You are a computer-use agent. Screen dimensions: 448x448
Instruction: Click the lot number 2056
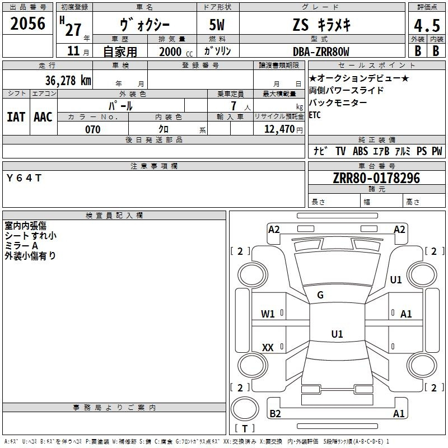pos(27,24)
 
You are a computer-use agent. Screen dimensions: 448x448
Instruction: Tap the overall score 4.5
pos(427,25)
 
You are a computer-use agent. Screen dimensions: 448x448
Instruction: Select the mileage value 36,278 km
pos(68,80)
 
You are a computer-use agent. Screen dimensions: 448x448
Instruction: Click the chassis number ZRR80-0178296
pos(376,178)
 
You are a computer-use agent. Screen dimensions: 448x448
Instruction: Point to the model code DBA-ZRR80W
pos(321,52)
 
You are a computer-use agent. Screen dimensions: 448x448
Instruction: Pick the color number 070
pos(93,129)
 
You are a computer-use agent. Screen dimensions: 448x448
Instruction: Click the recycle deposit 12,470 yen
pos(283,129)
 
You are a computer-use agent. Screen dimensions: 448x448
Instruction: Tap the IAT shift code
pos(16,117)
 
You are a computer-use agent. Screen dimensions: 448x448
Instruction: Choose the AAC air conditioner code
pos(43,117)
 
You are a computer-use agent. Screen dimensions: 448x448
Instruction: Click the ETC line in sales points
pos(315,115)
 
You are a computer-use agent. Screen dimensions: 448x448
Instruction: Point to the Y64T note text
pos(24,178)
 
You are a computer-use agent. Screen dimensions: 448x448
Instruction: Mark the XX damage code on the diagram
pos(268,347)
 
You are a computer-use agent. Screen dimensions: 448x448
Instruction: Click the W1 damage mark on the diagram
pos(268,314)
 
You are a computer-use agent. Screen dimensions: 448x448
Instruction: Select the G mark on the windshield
pos(320,295)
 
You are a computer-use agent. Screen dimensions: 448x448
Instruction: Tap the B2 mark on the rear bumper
pos(275,413)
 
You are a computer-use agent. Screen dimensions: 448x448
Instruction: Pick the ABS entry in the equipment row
pos(360,151)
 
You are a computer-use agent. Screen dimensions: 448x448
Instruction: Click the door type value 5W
pos(217,25)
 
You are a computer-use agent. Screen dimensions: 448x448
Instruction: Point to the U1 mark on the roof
pos(337,334)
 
